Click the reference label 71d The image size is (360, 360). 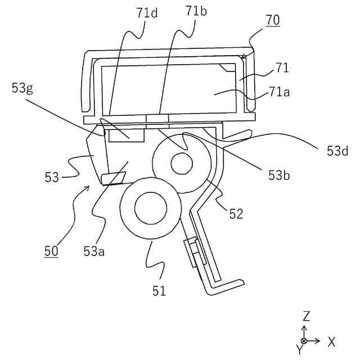(x=147, y=13)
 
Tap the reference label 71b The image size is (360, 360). (x=196, y=11)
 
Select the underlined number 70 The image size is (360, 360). (x=273, y=20)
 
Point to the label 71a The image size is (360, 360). (x=279, y=92)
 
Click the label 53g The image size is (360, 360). (x=22, y=88)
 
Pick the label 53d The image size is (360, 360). (x=337, y=151)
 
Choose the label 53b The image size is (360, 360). (x=279, y=175)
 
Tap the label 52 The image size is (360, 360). (x=236, y=214)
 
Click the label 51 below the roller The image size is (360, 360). (x=159, y=291)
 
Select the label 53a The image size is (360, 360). (x=94, y=251)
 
